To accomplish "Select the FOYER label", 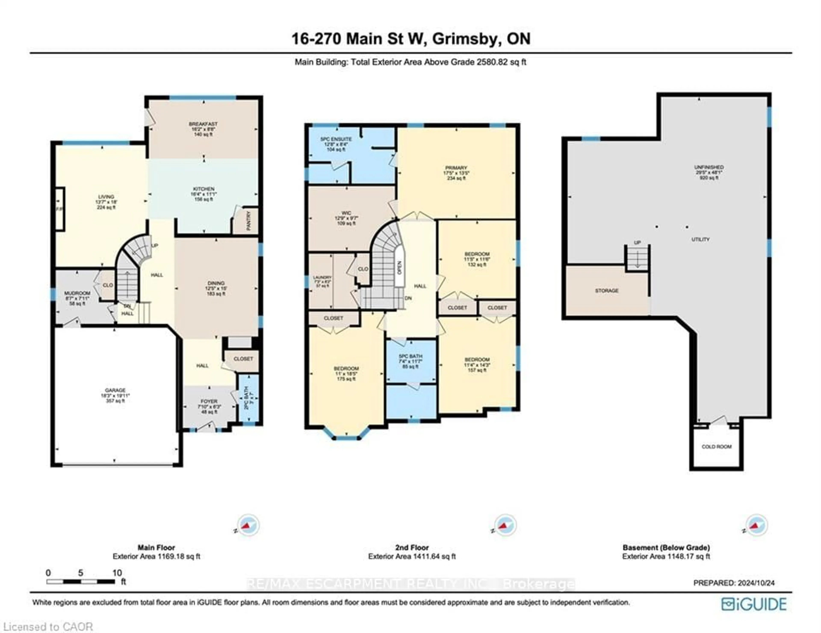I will [209, 401].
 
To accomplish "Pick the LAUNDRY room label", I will [322, 278].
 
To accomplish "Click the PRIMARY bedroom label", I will [456, 168].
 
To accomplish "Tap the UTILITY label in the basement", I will [700, 239].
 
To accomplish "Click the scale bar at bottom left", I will [81, 582].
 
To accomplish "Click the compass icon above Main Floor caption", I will [248, 525].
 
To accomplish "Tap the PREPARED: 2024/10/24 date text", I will [734, 583].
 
